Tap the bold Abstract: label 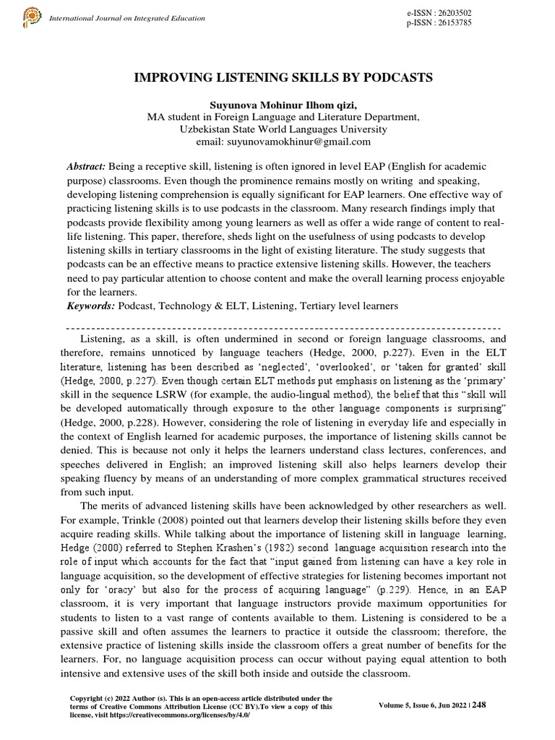coord(85,166)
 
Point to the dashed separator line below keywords coord(277,327)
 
